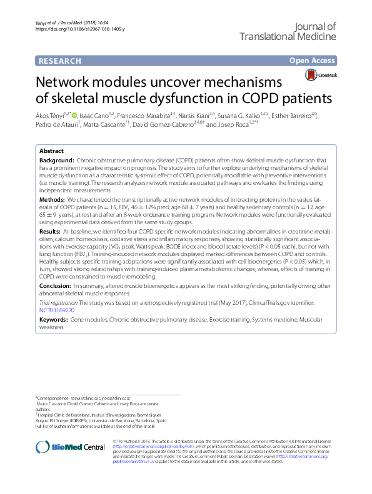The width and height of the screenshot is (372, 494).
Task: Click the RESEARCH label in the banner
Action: (59, 61)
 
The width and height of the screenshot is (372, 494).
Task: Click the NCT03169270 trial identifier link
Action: (57, 309)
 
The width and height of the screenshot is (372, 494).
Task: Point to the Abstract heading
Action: (51, 152)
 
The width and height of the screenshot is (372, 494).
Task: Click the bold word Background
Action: (56, 161)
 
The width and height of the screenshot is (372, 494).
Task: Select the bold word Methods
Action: (52, 198)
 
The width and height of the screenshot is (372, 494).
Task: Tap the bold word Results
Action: (51, 230)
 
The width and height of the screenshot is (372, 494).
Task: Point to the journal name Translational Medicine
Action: (288, 37)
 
